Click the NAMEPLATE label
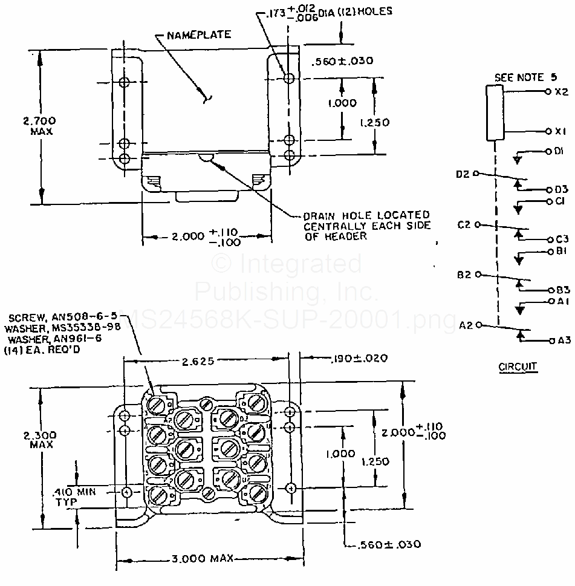click(199, 35)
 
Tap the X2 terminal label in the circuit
click(561, 92)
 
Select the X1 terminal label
click(561, 131)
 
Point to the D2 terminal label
click(463, 174)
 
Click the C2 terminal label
click(464, 225)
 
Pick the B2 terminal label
click(464, 275)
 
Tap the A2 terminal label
click(465, 325)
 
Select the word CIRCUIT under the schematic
click(518, 366)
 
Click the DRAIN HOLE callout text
click(366, 226)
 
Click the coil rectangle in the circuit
click(495, 113)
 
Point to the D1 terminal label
click(559, 151)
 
